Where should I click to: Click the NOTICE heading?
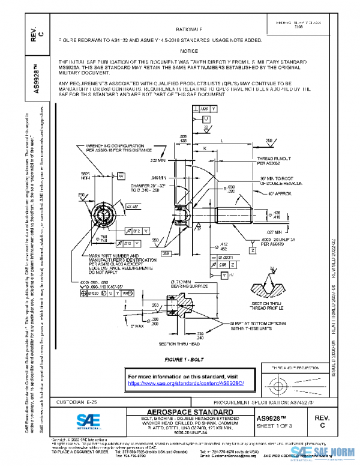(x=188, y=51)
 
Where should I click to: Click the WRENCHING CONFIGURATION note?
(x=115, y=148)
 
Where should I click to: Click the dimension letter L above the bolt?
(x=224, y=140)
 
